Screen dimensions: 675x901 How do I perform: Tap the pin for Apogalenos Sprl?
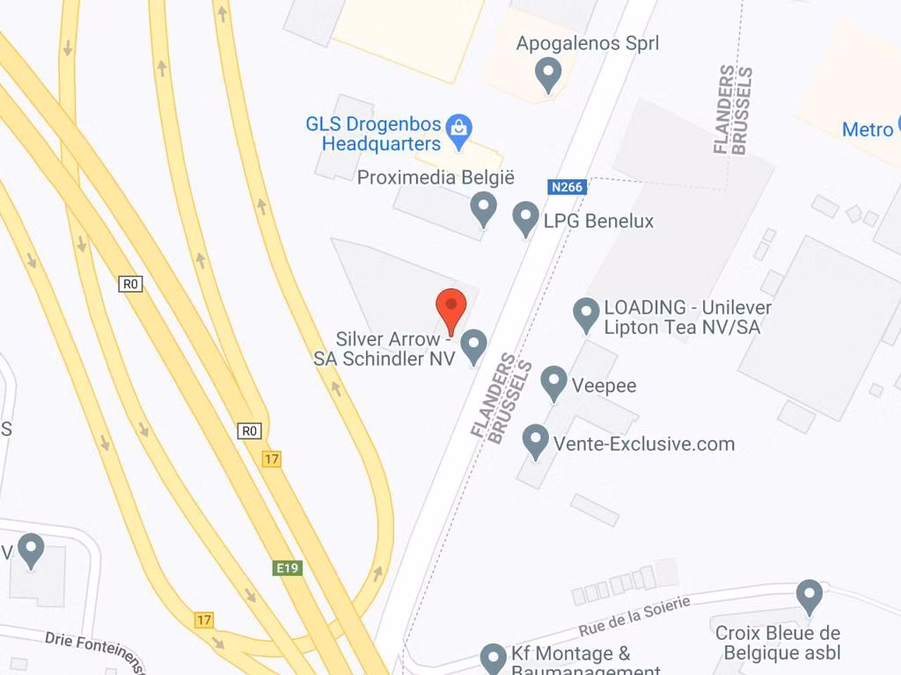click(549, 74)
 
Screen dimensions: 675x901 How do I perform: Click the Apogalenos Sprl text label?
click(588, 43)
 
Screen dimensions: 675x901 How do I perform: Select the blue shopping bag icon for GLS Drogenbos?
click(458, 130)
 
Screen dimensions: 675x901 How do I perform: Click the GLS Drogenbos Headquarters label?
click(374, 134)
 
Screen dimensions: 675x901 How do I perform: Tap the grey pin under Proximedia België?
click(483, 208)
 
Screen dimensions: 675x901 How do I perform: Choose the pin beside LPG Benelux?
click(525, 218)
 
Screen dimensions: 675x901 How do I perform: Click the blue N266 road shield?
click(567, 186)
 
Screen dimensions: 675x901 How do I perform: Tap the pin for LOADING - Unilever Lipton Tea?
click(586, 314)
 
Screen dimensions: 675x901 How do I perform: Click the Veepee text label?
click(604, 385)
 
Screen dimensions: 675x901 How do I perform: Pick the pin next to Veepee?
click(553, 382)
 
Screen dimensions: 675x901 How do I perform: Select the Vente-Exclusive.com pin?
click(536, 440)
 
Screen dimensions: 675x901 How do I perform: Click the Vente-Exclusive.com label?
click(644, 444)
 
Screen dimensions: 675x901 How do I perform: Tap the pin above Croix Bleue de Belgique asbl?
click(809, 596)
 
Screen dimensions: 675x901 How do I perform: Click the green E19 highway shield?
click(288, 568)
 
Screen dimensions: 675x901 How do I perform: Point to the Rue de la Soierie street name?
click(634, 614)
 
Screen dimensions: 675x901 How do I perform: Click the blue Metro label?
click(867, 129)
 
